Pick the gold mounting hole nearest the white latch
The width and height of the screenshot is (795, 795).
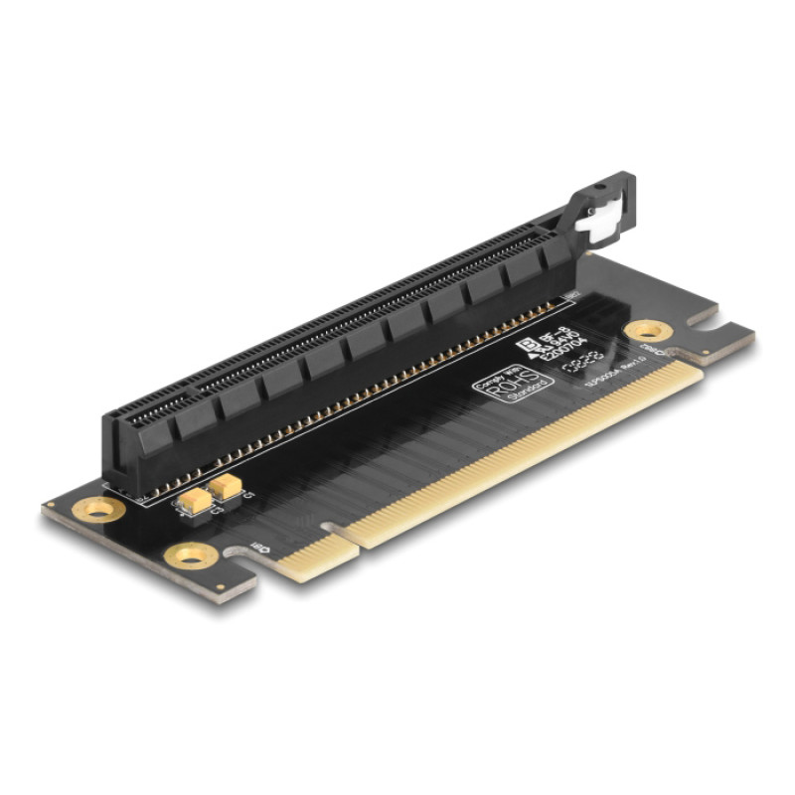648,329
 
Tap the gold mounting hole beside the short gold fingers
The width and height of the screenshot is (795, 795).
188,555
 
